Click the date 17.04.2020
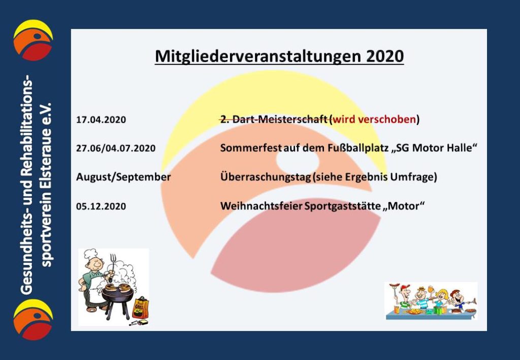101,120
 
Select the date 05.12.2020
101,207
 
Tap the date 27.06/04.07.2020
116,148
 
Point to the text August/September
123,177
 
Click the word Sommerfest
251,148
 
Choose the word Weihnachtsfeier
262,206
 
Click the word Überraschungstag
266,177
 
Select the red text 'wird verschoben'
374,119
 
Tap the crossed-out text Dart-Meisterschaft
280,119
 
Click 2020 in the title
385,56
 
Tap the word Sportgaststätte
343,206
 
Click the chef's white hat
90,254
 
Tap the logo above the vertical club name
33,40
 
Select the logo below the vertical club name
33,319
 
